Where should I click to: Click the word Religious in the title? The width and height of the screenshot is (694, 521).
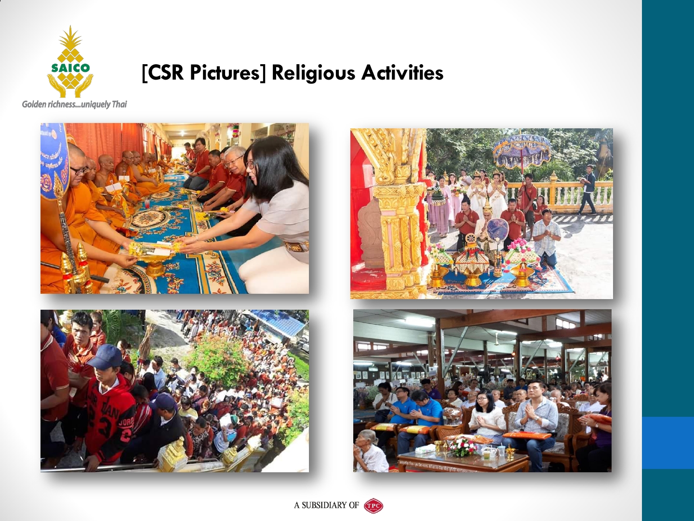point(314,73)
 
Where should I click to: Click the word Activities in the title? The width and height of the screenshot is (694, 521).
point(402,72)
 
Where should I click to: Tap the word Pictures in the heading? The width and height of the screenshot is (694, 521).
point(228,73)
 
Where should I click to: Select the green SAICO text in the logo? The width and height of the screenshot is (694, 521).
point(70,68)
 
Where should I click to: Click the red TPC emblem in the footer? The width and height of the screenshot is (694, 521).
point(374,505)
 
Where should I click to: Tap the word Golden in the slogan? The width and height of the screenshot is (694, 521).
point(34,104)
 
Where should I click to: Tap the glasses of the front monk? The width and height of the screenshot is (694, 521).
point(79,170)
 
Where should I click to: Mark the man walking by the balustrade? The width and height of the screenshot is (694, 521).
point(587,189)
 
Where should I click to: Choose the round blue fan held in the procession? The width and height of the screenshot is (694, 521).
point(497,230)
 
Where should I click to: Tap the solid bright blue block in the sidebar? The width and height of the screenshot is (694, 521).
point(668,443)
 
